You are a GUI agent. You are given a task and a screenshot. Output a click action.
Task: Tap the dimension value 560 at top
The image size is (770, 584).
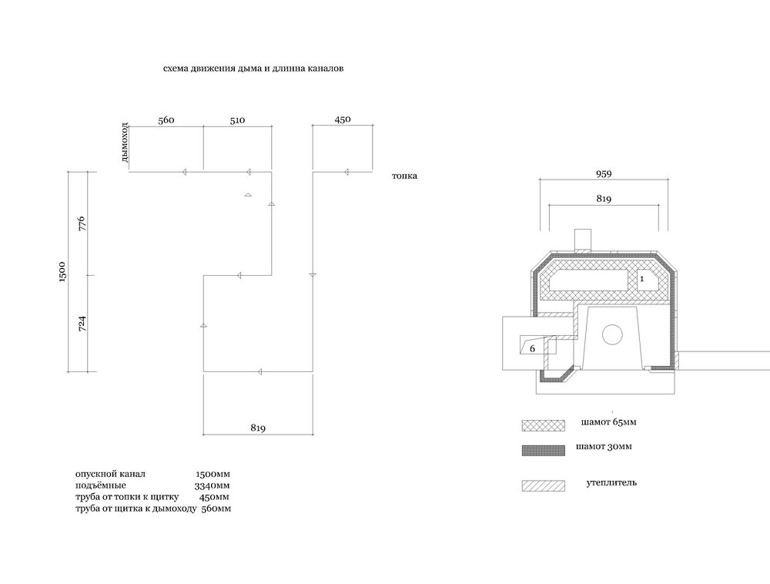coord(166,120)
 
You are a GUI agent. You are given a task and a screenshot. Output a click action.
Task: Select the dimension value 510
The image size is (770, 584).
coord(237,120)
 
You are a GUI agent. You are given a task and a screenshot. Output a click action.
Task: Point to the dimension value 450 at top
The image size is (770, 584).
coord(343,119)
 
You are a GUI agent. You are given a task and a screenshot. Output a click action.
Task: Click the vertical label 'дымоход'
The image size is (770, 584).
coord(124,143)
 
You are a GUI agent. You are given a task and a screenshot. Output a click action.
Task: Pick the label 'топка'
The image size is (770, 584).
coord(404,176)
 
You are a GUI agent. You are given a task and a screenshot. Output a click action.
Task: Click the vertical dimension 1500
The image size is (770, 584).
coord(62,272)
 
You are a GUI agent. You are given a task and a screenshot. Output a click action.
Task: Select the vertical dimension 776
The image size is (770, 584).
coord(82,224)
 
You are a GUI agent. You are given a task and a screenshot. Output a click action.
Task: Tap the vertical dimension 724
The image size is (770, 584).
coord(82,324)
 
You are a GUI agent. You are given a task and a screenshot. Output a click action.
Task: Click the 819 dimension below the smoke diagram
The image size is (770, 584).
coord(258,428)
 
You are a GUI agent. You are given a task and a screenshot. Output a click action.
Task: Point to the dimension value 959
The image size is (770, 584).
coord(604,174)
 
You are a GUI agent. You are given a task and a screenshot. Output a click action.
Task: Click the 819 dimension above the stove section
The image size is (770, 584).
coord(604,199)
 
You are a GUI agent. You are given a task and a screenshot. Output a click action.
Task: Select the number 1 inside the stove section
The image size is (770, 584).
coord(642,279)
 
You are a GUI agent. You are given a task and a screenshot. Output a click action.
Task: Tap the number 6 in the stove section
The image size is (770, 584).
coord(532,349)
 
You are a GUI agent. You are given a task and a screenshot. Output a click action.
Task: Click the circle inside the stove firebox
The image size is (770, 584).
coord(612,335)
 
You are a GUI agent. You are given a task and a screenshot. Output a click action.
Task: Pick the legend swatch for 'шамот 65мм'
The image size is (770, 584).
coord(543,425)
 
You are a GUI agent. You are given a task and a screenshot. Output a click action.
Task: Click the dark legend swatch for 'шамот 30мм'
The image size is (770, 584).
coord(543,451)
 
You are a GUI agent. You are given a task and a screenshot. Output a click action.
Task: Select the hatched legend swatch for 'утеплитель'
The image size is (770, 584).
coord(543,485)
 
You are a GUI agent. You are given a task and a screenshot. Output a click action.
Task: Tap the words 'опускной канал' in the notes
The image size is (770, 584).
coord(110,475)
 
